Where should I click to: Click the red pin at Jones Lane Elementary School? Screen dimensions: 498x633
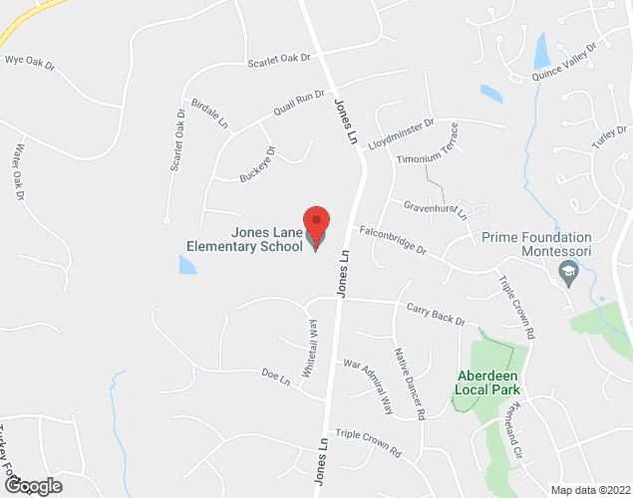pyautogui.click(x=316, y=222)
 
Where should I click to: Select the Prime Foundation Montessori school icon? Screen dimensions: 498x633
pyautogui.click(x=568, y=274)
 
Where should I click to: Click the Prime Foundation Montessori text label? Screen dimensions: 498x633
pyautogui.click(x=536, y=245)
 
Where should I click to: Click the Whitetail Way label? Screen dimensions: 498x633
pyautogui.click(x=313, y=345)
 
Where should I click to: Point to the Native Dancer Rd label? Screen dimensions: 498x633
pyautogui.click(x=409, y=381)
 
